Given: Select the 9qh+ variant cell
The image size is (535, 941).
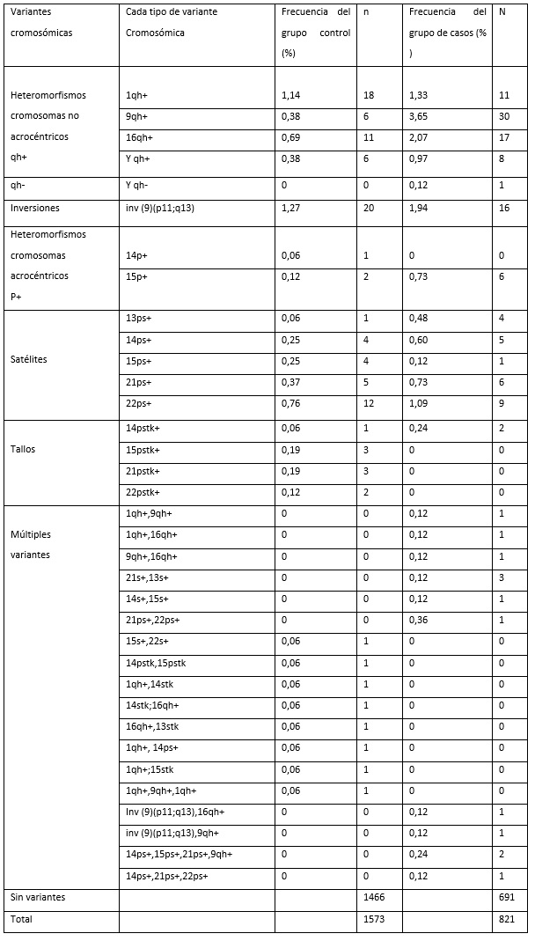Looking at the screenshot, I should [136, 116].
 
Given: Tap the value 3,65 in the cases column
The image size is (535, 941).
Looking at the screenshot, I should [421, 116].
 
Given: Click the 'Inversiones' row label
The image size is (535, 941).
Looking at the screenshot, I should [36, 208].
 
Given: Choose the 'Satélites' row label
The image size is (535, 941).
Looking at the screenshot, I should [29, 360].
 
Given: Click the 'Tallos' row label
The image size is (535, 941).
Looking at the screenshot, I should [23, 449].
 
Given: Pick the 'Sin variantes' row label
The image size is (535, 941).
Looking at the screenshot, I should [38, 898].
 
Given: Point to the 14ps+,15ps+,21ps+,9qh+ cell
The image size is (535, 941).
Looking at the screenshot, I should [180, 854].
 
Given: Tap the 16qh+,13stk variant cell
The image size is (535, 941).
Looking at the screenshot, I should [155, 726].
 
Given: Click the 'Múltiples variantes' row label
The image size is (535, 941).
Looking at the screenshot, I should [31, 544].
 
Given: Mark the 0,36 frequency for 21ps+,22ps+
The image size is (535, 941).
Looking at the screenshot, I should [418, 620].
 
